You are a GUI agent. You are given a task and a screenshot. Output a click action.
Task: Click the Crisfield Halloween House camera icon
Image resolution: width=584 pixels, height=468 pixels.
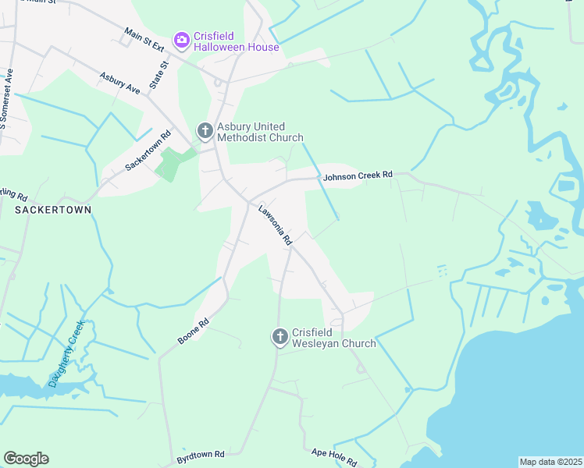coord(181,39)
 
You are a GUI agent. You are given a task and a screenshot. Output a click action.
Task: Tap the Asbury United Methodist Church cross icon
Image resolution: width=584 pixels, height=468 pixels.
coord(205,131)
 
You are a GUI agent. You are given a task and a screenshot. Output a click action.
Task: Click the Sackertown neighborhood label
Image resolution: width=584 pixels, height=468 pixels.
coord(52,210)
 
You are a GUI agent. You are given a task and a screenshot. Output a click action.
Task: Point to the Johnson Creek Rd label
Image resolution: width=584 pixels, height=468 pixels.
coord(358,176)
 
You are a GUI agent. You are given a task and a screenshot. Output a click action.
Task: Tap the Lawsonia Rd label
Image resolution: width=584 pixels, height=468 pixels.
coord(275,225)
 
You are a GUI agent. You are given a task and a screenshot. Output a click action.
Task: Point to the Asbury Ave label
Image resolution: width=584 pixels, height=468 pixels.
coord(119,83)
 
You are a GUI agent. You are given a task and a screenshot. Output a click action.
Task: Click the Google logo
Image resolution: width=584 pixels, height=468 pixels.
coord(26,459)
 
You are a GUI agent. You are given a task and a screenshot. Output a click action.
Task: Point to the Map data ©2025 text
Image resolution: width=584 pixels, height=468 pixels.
coord(550,462)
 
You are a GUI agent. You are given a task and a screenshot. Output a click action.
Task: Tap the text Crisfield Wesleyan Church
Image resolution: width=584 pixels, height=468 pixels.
coord(333,338)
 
